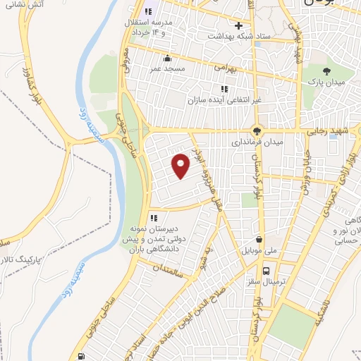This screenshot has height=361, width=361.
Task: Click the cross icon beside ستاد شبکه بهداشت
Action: pyautogui.click(x=238, y=25)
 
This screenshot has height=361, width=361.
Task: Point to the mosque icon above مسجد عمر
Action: pyautogui.click(x=166, y=58)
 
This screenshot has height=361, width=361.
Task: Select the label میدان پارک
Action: pyautogui.click(x=326, y=82)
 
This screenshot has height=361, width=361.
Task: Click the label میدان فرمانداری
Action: pyautogui.click(x=259, y=141)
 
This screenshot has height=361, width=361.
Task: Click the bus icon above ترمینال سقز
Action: pyautogui.click(x=267, y=271)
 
